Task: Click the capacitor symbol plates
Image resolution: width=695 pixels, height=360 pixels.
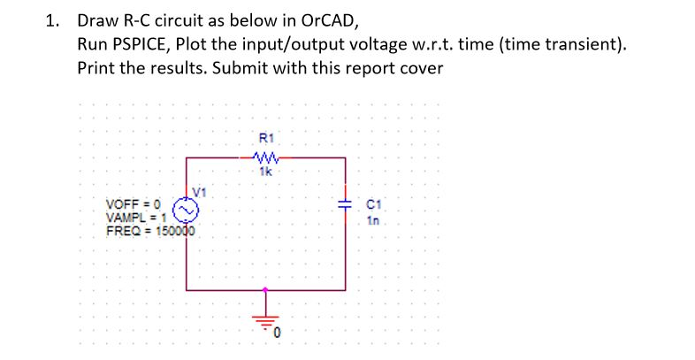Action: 344,204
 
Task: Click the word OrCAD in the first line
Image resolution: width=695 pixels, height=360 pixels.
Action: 329,20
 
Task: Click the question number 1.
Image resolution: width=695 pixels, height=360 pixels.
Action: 52,20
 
